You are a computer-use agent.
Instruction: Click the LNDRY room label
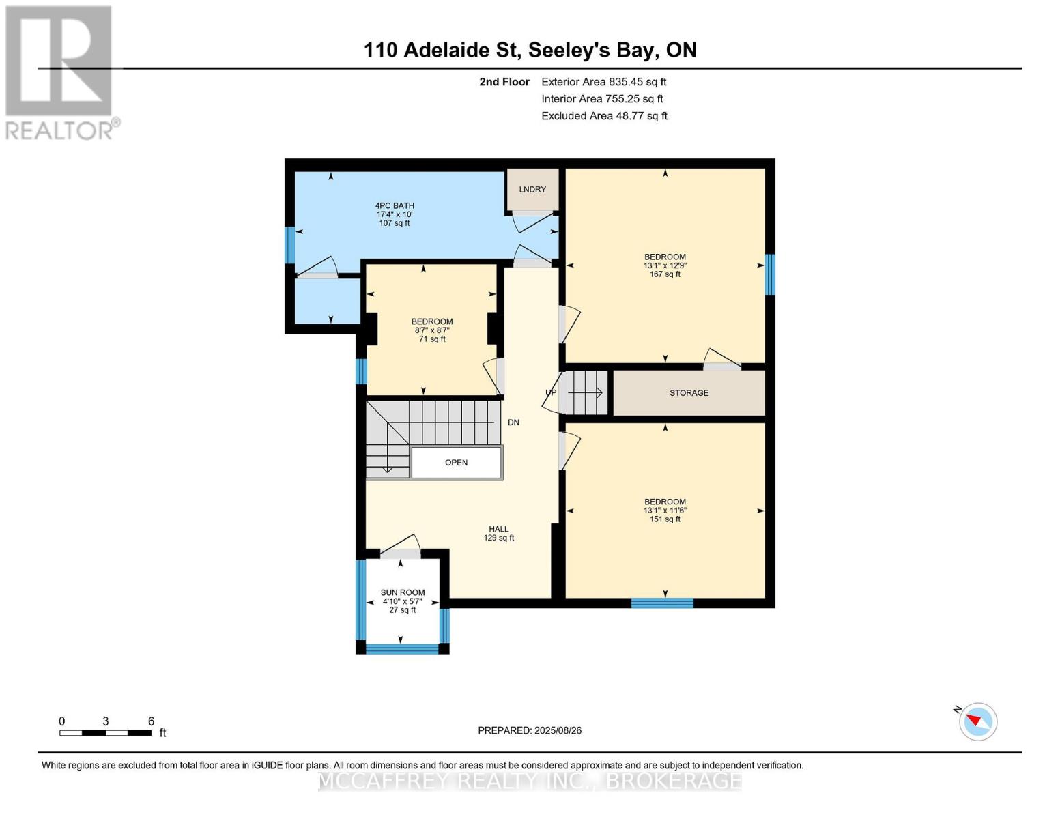click(532, 189)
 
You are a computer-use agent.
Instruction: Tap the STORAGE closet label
click(689, 392)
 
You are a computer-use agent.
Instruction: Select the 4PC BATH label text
click(394, 206)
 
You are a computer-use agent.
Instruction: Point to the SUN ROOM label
click(403, 592)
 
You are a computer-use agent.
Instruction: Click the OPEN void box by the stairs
click(456, 463)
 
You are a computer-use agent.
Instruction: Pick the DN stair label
click(513, 422)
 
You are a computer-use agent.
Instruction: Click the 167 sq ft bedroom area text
click(665, 274)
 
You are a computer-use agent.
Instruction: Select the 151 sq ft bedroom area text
click(665, 519)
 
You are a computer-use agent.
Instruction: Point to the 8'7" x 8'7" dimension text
click(432, 330)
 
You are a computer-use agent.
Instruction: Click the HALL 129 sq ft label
click(498, 533)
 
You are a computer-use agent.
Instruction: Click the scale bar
click(105, 732)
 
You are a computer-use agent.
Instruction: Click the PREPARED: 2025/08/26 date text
click(529, 730)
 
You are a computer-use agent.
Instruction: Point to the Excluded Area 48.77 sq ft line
click(604, 115)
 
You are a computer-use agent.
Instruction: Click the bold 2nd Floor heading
click(504, 82)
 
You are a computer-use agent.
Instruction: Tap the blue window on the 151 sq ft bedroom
click(662, 603)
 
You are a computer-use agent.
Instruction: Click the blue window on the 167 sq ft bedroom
click(770, 274)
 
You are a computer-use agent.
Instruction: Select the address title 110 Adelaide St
click(441, 50)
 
